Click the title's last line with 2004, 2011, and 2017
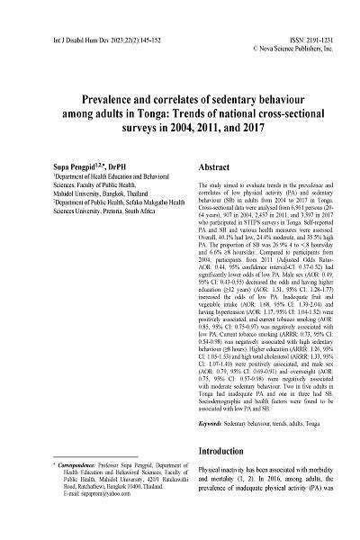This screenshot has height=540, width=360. coord(179,128)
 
